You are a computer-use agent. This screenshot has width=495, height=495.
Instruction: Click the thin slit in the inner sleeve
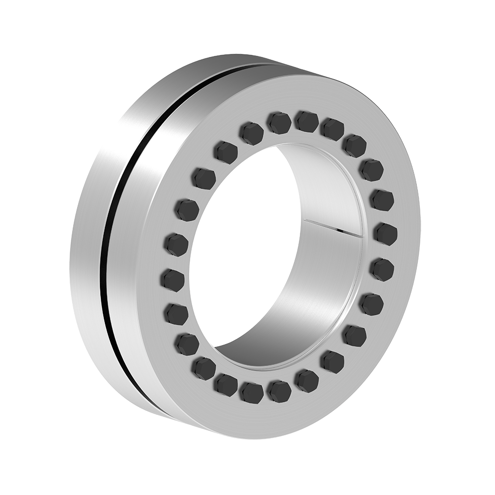pos(332,225)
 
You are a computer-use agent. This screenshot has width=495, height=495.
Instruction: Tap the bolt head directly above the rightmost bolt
pos(382,200)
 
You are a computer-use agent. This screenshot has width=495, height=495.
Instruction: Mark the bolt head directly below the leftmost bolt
pos(176,313)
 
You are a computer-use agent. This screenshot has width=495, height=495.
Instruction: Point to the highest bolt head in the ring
pos(306,121)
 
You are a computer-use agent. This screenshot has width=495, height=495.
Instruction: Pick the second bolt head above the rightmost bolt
pos(371,170)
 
